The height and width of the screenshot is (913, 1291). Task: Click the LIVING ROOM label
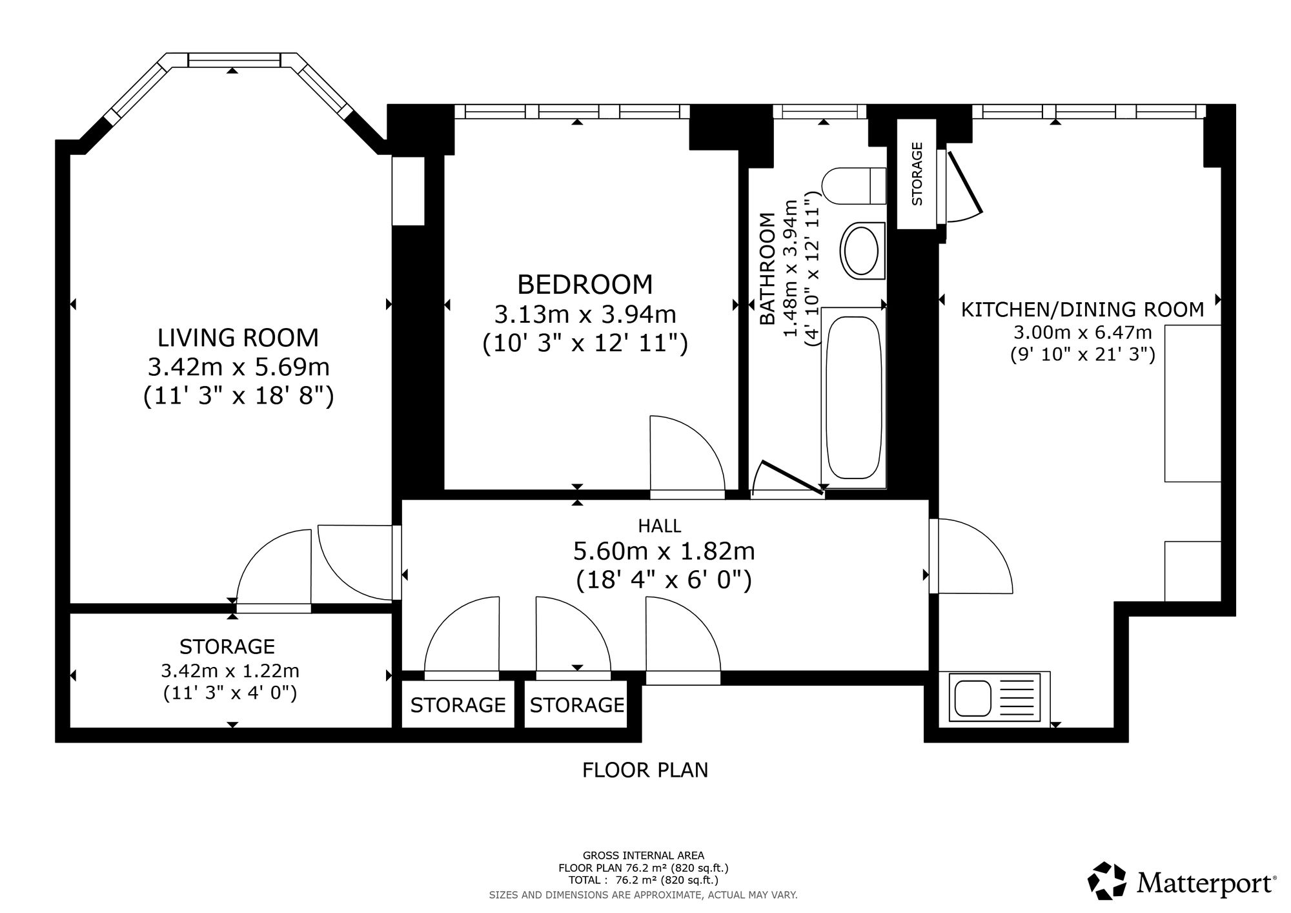(x=238, y=338)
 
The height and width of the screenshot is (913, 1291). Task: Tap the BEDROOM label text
(x=585, y=285)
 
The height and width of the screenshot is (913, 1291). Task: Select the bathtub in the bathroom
(x=854, y=398)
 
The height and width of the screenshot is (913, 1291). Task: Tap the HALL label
(x=660, y=526)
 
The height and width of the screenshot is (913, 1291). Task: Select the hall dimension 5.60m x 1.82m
(x=664, y=551)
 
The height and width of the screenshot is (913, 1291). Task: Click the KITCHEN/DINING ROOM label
(x=1083, y=310)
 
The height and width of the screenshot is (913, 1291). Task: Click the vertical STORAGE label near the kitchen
(x=917, y=174)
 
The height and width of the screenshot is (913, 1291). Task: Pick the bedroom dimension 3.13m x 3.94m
(x=585, y=314)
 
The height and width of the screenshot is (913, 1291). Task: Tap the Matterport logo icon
(x=1108, y=880)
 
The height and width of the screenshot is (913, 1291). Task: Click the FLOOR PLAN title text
(x=645, y=770)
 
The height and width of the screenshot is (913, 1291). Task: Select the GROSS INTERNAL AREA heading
(x=644, y=856)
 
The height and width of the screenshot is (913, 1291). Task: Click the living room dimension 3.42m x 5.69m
(x=239, y=367)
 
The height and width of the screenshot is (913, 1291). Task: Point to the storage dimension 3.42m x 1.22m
(x=230, y=671)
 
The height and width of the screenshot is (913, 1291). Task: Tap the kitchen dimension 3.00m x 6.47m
(x=1083, y=333)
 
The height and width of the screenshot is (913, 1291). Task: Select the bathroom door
(x=792, y=478)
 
